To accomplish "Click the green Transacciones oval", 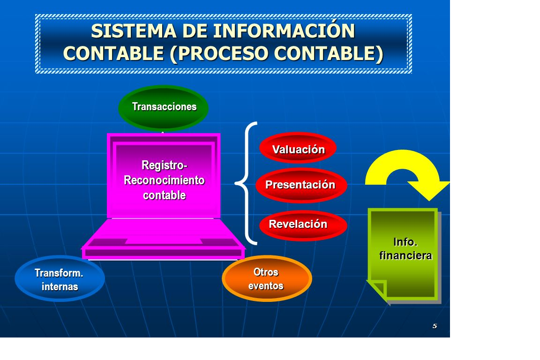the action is tap(163, 107).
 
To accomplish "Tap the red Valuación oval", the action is tap(298, 148).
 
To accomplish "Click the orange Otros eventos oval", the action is tap(267, 278).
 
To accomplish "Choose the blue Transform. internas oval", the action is tap(60, 278).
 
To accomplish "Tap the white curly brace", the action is tap(247, 183).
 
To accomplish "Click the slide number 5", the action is tap(435, 326).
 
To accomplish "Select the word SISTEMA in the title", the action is tap(134, 31).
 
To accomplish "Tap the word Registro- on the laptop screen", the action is tap(164, 165).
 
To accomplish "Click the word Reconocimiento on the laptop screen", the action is tap(164, 180).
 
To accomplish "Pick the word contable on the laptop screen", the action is tap(164, 195).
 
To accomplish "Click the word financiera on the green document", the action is tap(405, 255).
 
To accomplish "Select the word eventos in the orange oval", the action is tap(266, 286).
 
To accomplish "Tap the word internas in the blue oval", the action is tap(60, 286).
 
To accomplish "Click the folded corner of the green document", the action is tap(377, 289).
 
